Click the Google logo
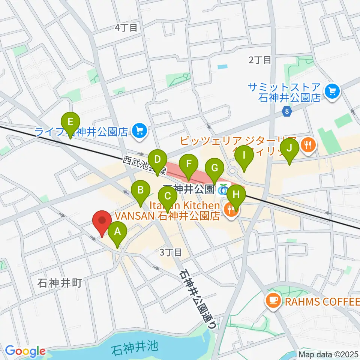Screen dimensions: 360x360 pyautogui.click(x=25, y=351)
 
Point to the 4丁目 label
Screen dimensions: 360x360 pyautogui.click(x=126, y=27)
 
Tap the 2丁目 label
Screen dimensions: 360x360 pyautogui.click(x=259, y=60)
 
